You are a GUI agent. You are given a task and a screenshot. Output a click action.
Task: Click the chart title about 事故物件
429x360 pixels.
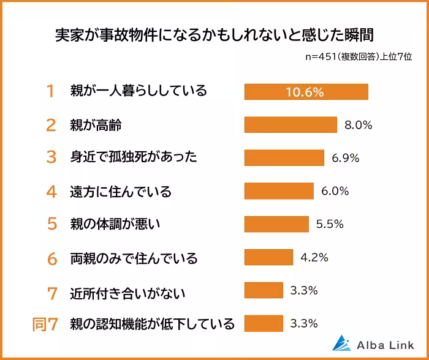[x=214, y=32]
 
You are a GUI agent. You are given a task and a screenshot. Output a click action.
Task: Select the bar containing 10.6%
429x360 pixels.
[x=306, y=92]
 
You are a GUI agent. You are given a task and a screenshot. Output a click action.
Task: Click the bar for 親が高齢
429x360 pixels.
[x=290, y=125]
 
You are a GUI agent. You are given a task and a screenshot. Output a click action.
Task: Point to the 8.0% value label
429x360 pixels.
[x=359, y=125]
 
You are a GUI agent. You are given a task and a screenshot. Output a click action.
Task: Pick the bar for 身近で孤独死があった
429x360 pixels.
[x=284, y=158]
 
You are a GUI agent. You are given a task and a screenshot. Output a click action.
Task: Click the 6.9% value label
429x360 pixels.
[x=346, y=158]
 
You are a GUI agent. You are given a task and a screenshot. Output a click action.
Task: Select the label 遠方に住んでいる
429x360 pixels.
[x=120, y=192]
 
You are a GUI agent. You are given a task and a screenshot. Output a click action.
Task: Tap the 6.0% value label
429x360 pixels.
[x=335, y=191]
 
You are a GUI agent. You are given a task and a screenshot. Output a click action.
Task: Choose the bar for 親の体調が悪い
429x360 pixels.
[x=276, y=224]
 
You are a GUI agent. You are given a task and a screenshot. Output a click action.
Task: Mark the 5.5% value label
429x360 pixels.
[x=329, y=224]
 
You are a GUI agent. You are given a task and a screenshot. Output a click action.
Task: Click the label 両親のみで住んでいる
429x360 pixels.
[x=134, y=258]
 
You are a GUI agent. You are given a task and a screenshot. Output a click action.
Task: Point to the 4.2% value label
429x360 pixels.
[x=314, y=257]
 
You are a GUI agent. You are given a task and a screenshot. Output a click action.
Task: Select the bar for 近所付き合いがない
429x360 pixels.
[x=264, y=290]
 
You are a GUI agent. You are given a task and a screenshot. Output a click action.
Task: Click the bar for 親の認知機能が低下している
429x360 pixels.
[x=264, y=323]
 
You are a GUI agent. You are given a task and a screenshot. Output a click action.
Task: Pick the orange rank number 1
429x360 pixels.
[x=51, y=92]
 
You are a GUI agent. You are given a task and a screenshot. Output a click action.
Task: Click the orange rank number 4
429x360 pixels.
[x=51, y=192]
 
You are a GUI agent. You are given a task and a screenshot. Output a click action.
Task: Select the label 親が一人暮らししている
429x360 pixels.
[x=139, y=92]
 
